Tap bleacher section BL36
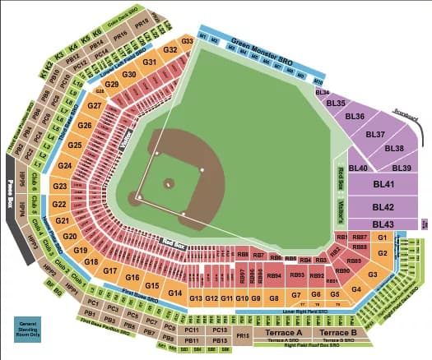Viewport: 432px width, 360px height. pos(355,117)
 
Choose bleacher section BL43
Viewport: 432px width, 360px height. pos(382,224)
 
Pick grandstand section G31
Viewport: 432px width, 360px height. pos(150,62)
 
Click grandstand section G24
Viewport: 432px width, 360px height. pos(65,165)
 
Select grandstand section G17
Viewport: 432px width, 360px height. pos(112,270)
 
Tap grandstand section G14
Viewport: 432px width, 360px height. pos(174,293)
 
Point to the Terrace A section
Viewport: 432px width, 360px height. pos(283,333)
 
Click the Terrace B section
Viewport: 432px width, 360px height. pos(338,333)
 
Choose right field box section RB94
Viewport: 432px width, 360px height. pos(275,275)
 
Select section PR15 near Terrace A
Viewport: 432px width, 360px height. pos(242,335)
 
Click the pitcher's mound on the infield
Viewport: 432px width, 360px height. pos(169,183)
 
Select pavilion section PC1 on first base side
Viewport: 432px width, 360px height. pos(92,302)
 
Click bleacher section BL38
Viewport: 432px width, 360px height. pos(393,148)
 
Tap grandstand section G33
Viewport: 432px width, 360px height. pos(187,40)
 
